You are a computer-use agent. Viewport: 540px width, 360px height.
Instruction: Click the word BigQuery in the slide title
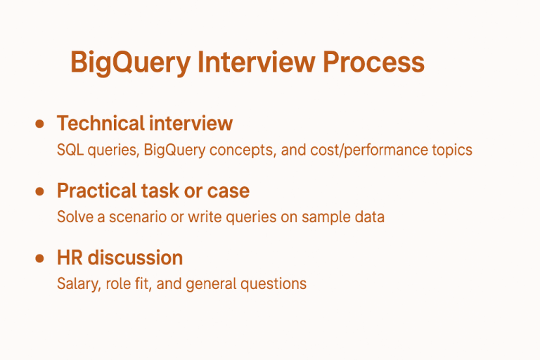tap(130, 63)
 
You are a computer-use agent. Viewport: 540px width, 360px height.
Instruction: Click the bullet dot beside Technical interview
tap(40, 124)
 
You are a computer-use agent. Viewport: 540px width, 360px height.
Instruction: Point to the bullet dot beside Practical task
tap(40, 191)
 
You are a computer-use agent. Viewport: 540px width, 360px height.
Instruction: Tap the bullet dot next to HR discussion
tap(40, 258)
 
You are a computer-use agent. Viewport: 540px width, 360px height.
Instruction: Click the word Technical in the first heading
tap(98, 124)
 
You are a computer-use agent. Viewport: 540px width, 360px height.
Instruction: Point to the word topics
tap(452, 150)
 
